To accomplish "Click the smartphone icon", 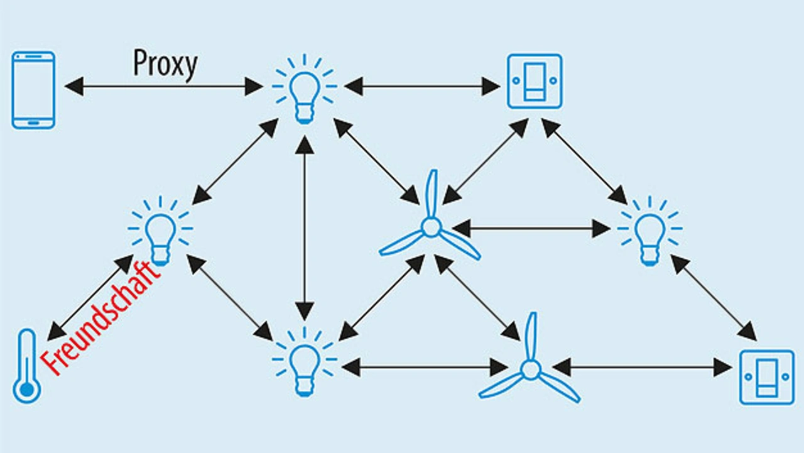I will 33,90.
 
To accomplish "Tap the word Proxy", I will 165,63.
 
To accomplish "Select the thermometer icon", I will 26,366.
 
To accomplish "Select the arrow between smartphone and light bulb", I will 164,86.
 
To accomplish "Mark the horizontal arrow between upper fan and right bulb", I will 531,228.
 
